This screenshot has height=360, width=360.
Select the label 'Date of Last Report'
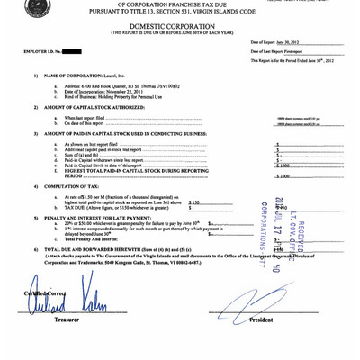click(267, 51)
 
